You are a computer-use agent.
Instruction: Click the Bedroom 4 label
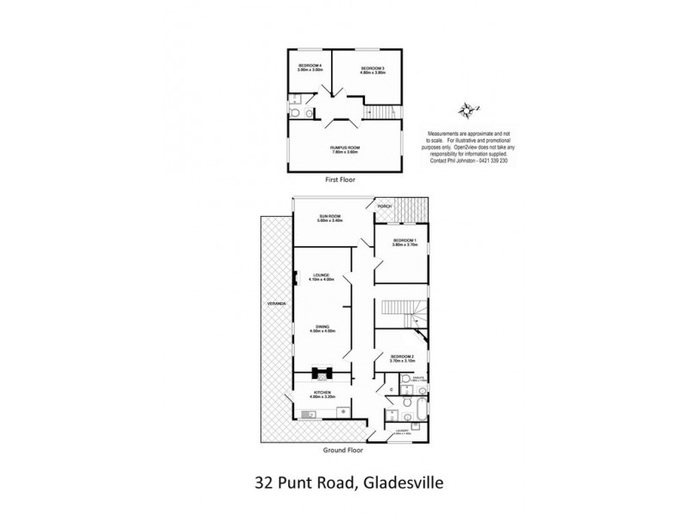pyautogui.click(x=310, y=68)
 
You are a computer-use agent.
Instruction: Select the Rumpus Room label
pyautogui.click(x=343, y=149)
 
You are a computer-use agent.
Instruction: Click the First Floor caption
pyautogui.click(x=341, y=180)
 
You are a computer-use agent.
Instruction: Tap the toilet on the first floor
pyautogui.click(x=295, y=113)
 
